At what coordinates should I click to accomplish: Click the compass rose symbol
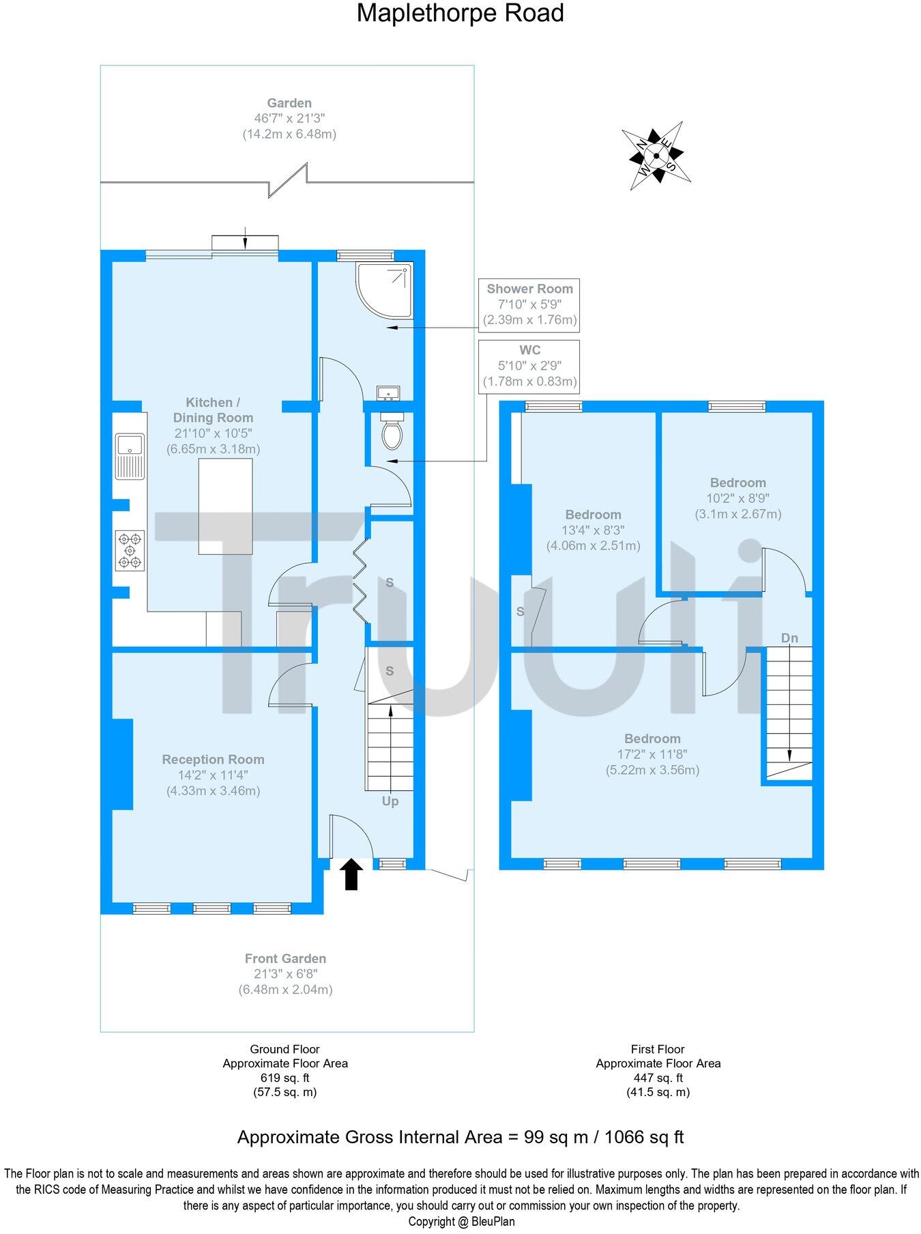tap(656, 156)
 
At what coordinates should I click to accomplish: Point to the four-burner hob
tap(130, 550)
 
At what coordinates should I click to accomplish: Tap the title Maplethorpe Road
tap(460, 13)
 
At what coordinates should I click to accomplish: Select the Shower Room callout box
tap(529, 304)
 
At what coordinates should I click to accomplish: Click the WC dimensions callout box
tap(529, 366)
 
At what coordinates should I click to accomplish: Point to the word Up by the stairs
tap(390, 801)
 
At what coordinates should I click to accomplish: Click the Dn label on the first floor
tap(789, 638)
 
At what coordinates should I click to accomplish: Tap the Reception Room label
tap(213, 760)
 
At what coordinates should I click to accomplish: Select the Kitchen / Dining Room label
tap(213, 410)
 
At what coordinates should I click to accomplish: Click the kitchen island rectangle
tap(225, 506)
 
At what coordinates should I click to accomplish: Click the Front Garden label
tap(285, 958)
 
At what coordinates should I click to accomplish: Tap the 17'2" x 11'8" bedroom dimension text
tap(652, 754)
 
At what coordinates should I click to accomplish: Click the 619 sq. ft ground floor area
tap(285, 1078)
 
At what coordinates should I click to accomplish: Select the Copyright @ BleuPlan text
tap(461, 1222)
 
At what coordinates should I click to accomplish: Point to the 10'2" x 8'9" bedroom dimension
tap(737, 498)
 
